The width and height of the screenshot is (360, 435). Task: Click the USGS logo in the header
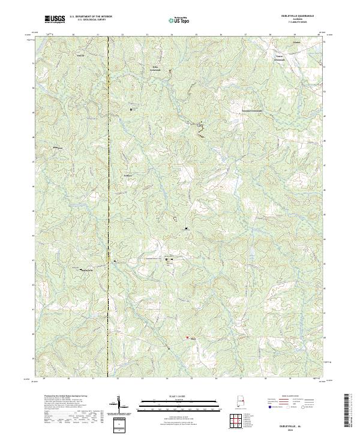[55, 19]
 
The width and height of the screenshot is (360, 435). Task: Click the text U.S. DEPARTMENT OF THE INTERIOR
[91, 17]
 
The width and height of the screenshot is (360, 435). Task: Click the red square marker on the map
[187, 338]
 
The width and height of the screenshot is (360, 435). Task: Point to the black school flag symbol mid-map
[186, 228]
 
